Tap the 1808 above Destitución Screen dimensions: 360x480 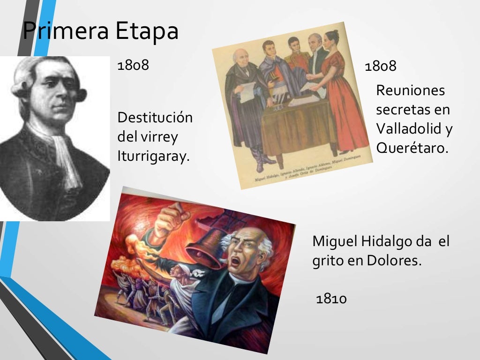click(133, 65)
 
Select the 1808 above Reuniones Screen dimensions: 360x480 click(381, 66)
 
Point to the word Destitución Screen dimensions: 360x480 click(155, 117)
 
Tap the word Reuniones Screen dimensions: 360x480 click(410, 90)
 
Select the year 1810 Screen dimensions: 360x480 click(331, 298)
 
